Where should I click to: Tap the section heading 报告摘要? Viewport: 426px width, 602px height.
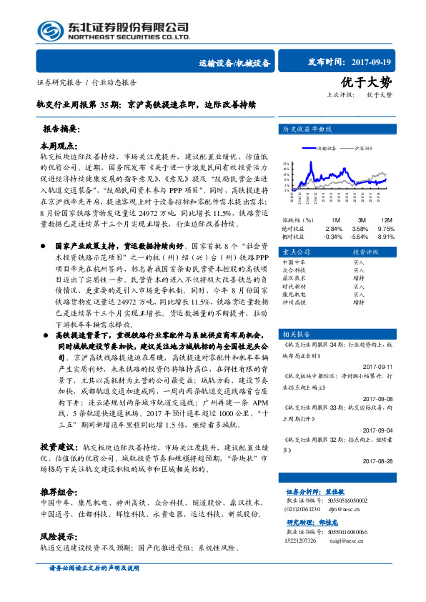coord(61,131)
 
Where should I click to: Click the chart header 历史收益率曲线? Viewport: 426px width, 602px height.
coord(309,129)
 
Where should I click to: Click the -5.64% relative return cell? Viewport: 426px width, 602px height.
coord(361,235)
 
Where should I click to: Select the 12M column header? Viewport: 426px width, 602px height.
coord(387,219)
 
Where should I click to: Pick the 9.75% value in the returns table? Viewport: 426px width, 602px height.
coord(387,227)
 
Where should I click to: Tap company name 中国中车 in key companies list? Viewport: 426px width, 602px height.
coord(294,262)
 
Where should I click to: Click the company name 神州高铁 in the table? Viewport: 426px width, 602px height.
coord(294,302)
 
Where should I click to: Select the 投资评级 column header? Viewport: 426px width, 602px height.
coord(365,252)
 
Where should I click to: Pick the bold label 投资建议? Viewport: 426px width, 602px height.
coord(57,445)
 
